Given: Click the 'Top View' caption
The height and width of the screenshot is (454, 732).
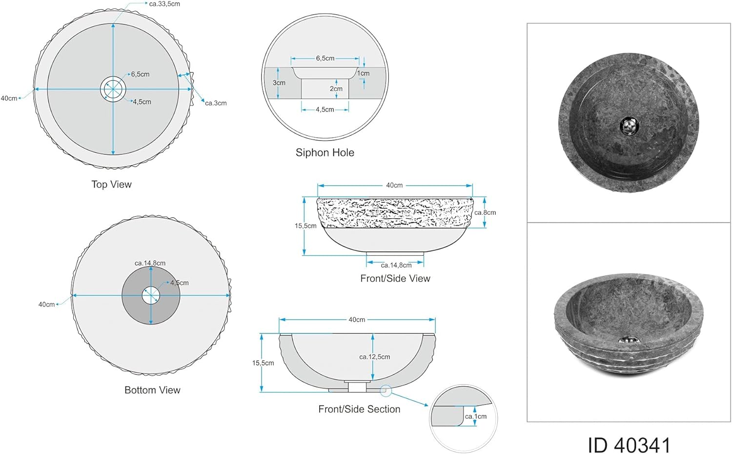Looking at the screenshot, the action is point(111,185).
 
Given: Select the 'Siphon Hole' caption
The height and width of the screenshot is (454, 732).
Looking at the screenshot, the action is point(325,152).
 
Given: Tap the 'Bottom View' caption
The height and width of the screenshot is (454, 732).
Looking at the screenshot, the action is point(152,390).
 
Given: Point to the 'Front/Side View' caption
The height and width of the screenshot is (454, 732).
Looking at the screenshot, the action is point(395,278).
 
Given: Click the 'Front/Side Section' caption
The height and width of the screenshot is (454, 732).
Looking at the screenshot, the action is point(359,409).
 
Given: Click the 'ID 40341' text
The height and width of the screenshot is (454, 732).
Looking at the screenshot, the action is point(629,445).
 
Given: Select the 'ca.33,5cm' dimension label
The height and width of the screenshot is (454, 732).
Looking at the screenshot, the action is point(164,4).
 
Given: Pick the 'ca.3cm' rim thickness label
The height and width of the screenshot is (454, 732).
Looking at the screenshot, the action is point(216,103).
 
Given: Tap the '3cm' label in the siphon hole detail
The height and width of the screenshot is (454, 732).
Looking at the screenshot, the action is point(279,83).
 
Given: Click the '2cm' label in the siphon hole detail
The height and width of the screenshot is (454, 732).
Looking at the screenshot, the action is point(336,88).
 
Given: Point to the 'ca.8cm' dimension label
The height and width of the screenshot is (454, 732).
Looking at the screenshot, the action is point(485,212).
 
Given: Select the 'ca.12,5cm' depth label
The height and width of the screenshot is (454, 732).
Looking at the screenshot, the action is point(374,356).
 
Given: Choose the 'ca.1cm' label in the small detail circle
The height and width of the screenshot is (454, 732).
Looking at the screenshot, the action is point(475,416).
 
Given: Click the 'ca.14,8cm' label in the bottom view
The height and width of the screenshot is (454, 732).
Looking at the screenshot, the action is point(150,263).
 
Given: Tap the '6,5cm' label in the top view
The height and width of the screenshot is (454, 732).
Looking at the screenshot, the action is point(140,74).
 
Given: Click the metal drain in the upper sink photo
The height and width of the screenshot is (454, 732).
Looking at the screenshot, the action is point(629,126).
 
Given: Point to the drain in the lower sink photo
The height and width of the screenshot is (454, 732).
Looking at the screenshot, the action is point(627,340).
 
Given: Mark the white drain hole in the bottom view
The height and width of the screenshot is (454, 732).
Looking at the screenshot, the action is point(151,295).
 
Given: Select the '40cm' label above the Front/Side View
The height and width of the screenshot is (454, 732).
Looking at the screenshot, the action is point(394,186).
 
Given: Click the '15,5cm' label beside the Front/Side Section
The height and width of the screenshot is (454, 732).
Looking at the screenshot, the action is point(263,363).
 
